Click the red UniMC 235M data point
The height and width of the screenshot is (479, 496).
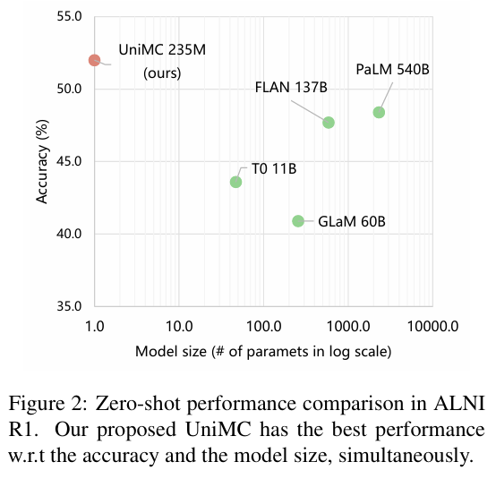click(x=94, y=60)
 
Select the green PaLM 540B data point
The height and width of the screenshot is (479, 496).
click(x=379, y=112)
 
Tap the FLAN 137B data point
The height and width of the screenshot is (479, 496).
click(x=329, y=123)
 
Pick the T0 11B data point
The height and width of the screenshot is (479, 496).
click(x=235, y=182)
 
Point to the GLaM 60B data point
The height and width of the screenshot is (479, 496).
click(x=298, y=221)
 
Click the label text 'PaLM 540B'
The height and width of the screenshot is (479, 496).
click(x=392, y=70)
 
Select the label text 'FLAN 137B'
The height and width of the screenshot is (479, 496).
click(x=291, y=88)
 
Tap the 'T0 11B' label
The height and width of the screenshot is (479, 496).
click(x=274, y=168)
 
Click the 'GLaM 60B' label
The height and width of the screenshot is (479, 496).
click(x=352, y=221)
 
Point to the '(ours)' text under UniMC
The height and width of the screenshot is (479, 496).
click(x=162, y=73)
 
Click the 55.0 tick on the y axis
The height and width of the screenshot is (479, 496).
click(x=69, y=16)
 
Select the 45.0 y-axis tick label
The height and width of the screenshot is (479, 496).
click(x=69, y=161)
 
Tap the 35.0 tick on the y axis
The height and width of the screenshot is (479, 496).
click(x=69, y=306)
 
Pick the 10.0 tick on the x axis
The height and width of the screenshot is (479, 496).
click(x=179, y=326)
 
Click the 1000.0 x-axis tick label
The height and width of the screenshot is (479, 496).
click(x=348, y=326)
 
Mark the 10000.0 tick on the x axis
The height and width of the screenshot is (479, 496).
click(x=432, y=326)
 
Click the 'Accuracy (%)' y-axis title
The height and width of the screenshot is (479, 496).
click(x=42, y=162)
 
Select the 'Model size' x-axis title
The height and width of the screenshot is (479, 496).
click(x=171, y=352)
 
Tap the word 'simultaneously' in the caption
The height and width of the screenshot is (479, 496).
click(x=406, y=457)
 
